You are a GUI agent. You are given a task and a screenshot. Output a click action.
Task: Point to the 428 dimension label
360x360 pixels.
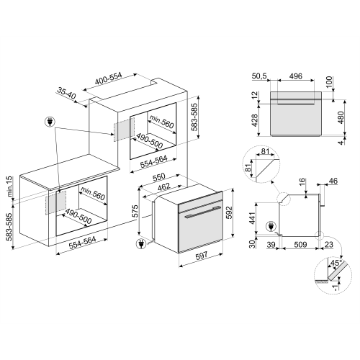point(254,119)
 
